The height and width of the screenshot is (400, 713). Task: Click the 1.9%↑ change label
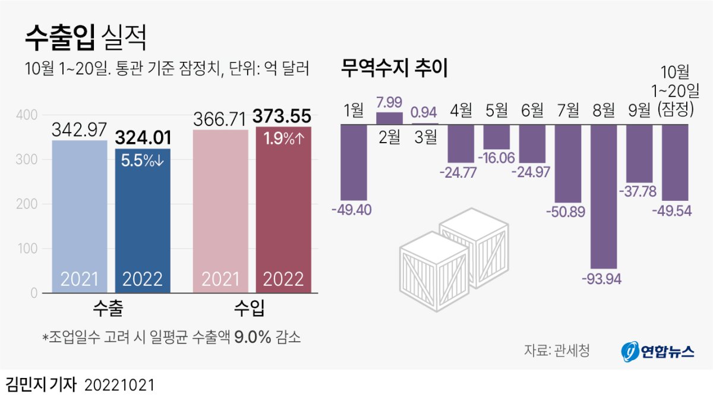(283, 140)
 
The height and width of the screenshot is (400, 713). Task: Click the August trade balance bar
(603, 196)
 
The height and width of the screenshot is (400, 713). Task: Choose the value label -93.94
(603, 278)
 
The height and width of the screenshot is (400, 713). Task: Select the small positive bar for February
(389, 118)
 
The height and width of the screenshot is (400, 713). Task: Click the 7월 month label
(567, 110)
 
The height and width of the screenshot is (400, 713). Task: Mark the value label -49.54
(675, 210)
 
